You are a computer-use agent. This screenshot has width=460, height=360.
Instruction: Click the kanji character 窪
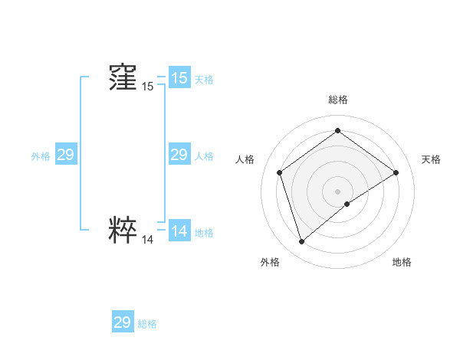click(x=123, y=77)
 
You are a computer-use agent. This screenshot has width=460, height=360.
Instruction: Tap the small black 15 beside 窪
click(x=147, y=87)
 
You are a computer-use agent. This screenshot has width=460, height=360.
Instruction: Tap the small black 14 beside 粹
click(x=147, y=240)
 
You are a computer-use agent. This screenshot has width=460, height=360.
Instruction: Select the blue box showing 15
click(x=179, y=78)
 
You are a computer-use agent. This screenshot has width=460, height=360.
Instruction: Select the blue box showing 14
click(x=179, y=231)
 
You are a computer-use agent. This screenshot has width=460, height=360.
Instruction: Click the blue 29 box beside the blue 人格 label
click(x=179, y=155)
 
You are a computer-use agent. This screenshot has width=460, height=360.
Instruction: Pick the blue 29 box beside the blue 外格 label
click(x=65, y=155)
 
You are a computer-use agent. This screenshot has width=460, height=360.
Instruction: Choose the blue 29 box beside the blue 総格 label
click(x=122, y=322)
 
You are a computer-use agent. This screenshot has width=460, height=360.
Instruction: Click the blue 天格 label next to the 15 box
click(x=204, y=80)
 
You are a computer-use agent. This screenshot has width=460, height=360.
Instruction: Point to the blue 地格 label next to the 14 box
click(x=204, y=233)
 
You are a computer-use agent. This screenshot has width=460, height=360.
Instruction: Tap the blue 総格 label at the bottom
click(x=147, y=324)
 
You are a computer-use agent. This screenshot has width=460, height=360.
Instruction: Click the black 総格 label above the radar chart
click(x=337, y=100)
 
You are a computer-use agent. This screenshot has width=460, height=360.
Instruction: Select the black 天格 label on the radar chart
click(x=431, y=159)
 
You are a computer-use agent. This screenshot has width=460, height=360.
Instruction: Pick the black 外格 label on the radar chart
click(x=270, y=262)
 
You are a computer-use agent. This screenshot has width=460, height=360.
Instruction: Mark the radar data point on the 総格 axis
click(x=337, y=131)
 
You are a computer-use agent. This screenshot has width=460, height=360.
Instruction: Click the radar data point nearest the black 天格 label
click(x=396, y=172)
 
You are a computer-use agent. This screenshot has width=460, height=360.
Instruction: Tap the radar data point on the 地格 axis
click(x=347, y=204)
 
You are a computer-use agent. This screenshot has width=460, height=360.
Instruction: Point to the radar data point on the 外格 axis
click(x=301, y=242)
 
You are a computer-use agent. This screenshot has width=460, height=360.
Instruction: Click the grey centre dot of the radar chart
click(x=337, y=191)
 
